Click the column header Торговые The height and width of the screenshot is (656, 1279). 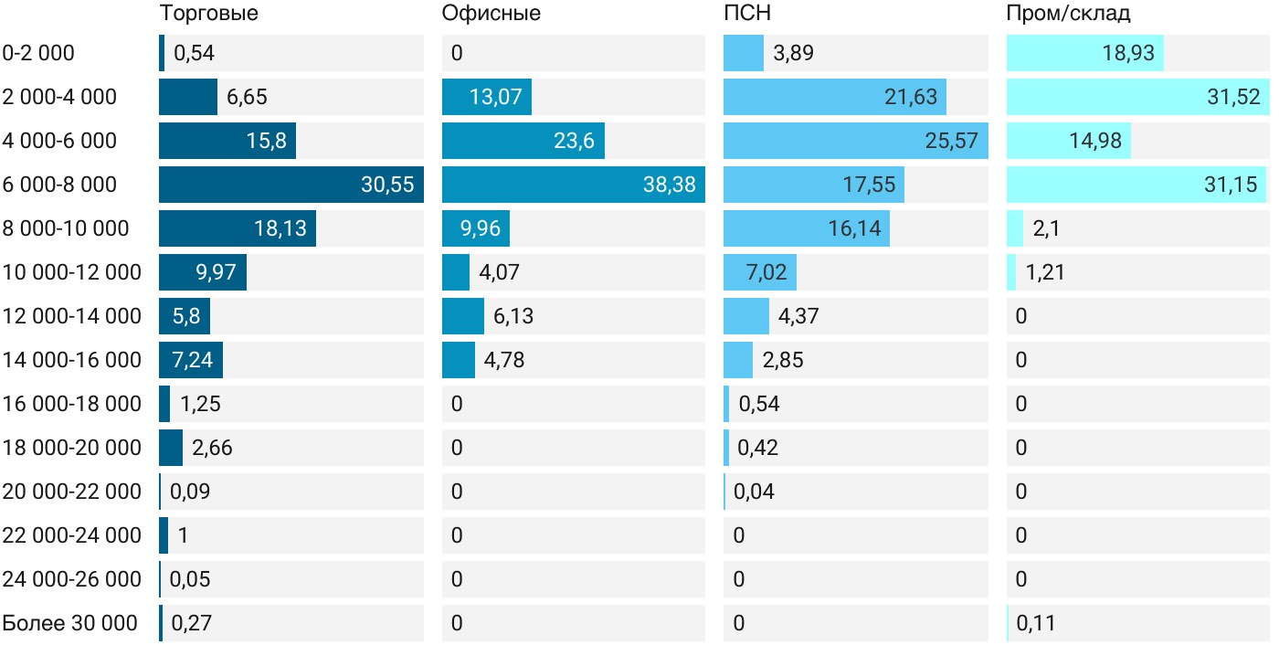pyautogui.click(x=208, y=14)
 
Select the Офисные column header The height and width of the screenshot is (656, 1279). pyautogui.click(x=491, y=14)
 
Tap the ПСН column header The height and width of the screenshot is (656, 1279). pyautogui.click(x=746, y=14)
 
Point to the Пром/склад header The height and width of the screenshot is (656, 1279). pyautogui.click(x=1068, y=14)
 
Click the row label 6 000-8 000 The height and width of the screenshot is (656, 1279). pyautogui.click(x=60, y=185)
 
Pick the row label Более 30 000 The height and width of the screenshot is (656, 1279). pyautogui.click(x=69, y=623)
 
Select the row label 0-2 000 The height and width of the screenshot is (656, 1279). pyautogui.click(x=38, y=53)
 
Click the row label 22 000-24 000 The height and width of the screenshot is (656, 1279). pyautogui.click(x=72, y=535)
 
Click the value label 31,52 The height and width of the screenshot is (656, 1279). pyautogui.click(x=1233, y=97)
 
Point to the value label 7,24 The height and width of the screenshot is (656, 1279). pyautogui.click(x=192, y=360)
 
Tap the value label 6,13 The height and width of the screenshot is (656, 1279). pyautogui.click(x=513, y=316)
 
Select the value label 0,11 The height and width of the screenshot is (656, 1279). pyautogui.click(x=1036, y=623)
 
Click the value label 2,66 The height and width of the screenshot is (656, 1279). pyautogui.click(x=212, y=448)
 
